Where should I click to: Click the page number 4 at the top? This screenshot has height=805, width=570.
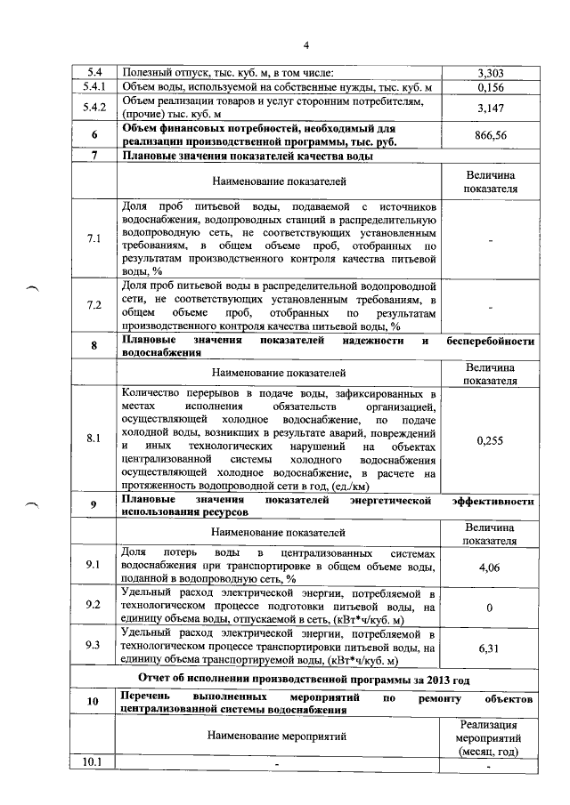(305, 45)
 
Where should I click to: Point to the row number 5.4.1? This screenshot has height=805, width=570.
(94, 87)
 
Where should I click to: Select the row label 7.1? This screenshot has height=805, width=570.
(94, 239)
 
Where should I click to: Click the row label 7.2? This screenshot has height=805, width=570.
(94, 305)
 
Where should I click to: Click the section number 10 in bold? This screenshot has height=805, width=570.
(94, 702)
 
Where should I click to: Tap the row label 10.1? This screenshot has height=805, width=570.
(94, 762)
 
